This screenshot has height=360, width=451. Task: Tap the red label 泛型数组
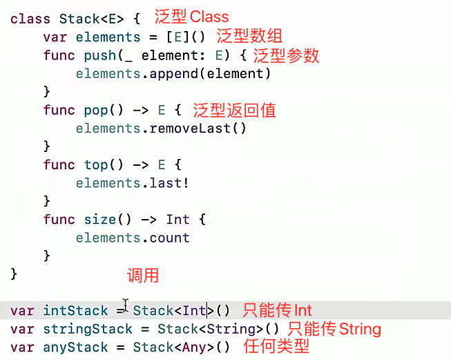(x=249, y=36)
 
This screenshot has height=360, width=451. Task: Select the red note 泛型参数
(x=286, y=56)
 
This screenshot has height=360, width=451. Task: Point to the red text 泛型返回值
(x=236, y=110)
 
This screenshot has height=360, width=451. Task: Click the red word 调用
(x=143, y=276)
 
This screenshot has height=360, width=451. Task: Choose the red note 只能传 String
(x=335, y=328)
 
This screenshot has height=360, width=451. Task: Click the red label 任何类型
(x=276, y=346)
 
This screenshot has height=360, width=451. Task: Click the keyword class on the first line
(x=30, y=19)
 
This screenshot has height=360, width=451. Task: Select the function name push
(x=100, y=55)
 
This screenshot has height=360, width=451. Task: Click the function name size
(x=100, y=220)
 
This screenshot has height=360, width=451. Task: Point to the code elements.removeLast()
(x=161, y=128)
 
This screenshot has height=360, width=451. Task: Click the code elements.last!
(x=132, y=182)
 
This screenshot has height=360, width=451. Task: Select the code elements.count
(x=132, y=238)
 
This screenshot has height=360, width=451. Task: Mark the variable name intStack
(x=75, y=311)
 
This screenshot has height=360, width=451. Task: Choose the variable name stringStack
(x=88, y=329)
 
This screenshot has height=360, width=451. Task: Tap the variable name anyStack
(x=75, y=347)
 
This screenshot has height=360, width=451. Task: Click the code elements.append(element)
(x=173, y=73)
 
